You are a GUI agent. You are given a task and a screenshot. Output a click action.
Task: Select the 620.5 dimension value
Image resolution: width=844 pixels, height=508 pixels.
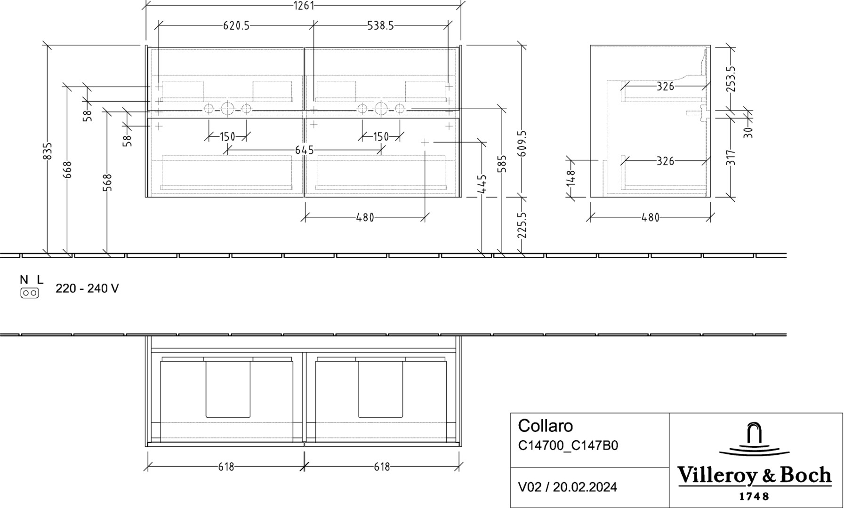[236, 26]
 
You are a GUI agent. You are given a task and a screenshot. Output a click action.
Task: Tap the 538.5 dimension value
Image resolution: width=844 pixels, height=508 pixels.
[380, 26]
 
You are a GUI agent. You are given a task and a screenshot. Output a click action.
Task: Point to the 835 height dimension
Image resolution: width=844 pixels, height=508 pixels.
[48, 151]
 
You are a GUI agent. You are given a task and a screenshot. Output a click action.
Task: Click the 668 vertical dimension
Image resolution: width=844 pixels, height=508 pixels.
[68, 170]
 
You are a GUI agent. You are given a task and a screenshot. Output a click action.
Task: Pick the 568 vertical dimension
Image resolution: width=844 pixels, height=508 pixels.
[108, 183]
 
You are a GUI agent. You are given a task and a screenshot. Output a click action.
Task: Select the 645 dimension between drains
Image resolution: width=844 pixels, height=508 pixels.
[304, 150]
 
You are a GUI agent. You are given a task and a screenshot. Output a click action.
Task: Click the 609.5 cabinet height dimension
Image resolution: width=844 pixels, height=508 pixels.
[522, 144]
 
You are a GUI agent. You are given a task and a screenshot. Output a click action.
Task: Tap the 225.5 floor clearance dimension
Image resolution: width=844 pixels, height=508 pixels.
[522, 225]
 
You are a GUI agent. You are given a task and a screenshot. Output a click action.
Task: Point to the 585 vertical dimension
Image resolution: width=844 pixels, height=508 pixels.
[502, 164]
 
